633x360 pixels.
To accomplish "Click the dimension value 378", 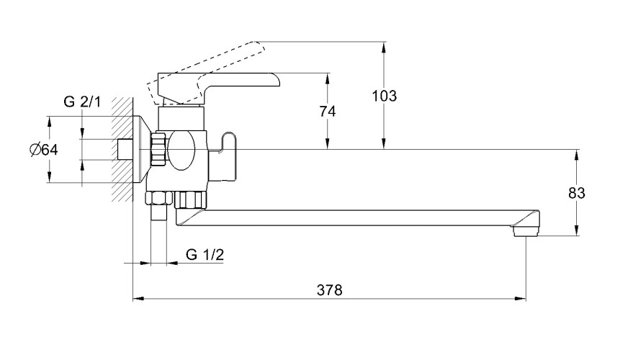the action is pyautogui.click(x=329, y=289).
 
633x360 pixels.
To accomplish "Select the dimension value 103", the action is pyautogui.click(x=384, y=96).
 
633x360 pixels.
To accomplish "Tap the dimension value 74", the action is pyautogui.click(x=328, y=111).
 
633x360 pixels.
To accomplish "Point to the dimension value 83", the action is pyautogui.click(x=577, y=193).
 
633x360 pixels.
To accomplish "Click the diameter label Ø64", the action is pyautogui.click(x=44, y=150).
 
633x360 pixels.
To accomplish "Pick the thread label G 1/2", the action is pyautogui.click(x=205, y=255).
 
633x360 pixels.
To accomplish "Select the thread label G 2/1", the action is pyautogui.click(x=82, y=102).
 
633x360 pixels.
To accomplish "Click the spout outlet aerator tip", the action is pyautogui.click(x=526, y=230).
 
